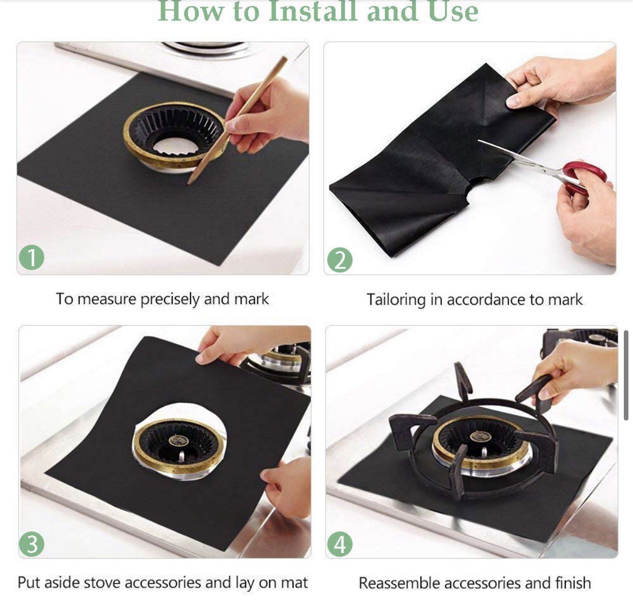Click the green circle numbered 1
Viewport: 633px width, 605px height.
click(x=32, y=257)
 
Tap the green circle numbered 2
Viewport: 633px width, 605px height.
click(x=340, y=260)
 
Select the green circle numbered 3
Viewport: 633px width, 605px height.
click(x=32, y=544)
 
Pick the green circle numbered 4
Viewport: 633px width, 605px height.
click(x=340, y=544)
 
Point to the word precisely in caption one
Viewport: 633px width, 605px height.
click(x=170, y=299)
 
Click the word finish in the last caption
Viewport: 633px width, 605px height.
click(x=573, y=583)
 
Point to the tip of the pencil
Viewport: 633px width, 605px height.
click(x=189, y=184)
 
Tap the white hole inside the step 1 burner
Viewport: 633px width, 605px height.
click(x=175, y=146)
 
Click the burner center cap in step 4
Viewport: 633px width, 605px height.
click(x=479, y=436)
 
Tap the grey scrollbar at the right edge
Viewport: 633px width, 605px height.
click(x=626, y=375)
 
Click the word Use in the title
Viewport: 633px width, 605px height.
click(x=453, y=12)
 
